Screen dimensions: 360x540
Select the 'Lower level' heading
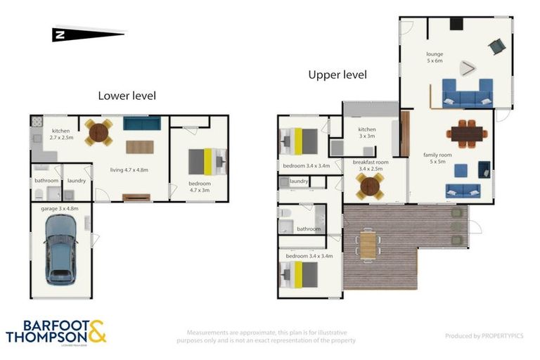point(127,96)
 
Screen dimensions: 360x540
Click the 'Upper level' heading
point(337,75)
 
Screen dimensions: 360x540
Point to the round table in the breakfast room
point(369,186)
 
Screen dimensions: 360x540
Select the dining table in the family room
point(466,132)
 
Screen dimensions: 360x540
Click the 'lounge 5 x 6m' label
point(435,57)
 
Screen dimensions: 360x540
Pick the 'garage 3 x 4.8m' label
point(60,208)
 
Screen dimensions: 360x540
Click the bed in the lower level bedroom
point(207,162)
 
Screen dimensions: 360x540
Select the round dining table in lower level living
point(98,131)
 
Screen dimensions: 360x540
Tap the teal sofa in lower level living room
point(142,124)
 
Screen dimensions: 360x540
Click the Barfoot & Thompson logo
point(56,331)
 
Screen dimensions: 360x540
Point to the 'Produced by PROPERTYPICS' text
point(484,336)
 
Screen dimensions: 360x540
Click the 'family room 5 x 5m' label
point(436,158)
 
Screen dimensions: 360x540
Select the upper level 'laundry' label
point(299,181)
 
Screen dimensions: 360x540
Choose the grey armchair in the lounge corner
point(497,46)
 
